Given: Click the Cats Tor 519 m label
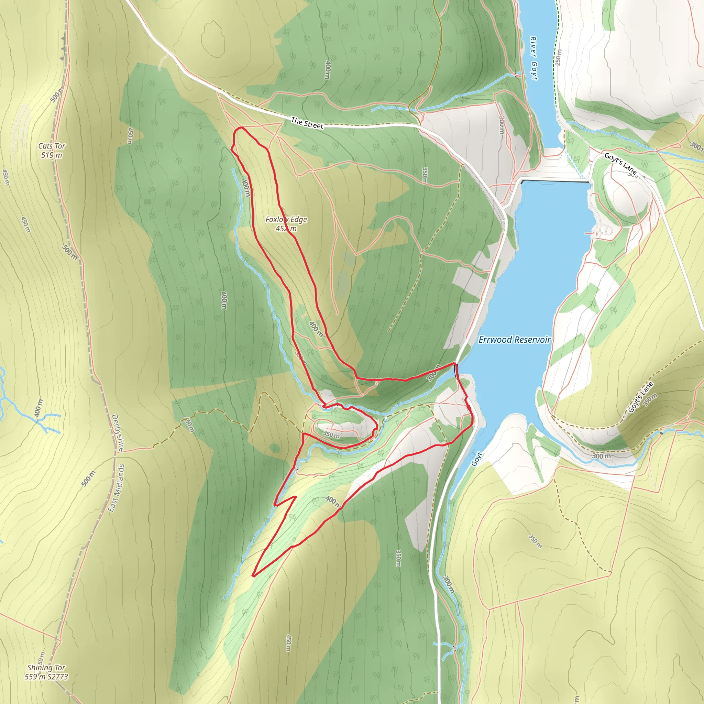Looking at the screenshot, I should [52, 151].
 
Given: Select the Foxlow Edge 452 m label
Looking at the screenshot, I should [286, 224].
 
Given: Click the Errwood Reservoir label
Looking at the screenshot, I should [515, 340].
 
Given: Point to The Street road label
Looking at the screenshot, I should [307, 123].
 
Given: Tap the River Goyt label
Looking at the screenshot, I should [533, 58].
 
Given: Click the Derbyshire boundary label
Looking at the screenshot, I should [117, 432].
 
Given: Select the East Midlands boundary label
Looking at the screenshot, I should [117, 488].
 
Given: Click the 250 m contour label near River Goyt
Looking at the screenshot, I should [558, 57].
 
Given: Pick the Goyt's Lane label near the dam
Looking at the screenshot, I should [620, 164].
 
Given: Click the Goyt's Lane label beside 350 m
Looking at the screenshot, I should [640, 397].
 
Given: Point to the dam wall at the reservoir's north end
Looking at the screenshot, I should [555, 181].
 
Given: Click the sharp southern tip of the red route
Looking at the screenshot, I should [253, 576].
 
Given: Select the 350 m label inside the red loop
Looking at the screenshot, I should [331, 434].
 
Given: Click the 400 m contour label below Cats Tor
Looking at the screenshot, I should [38, 408].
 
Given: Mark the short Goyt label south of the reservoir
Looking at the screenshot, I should [477, 459].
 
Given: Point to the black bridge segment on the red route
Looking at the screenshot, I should [456, 371].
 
